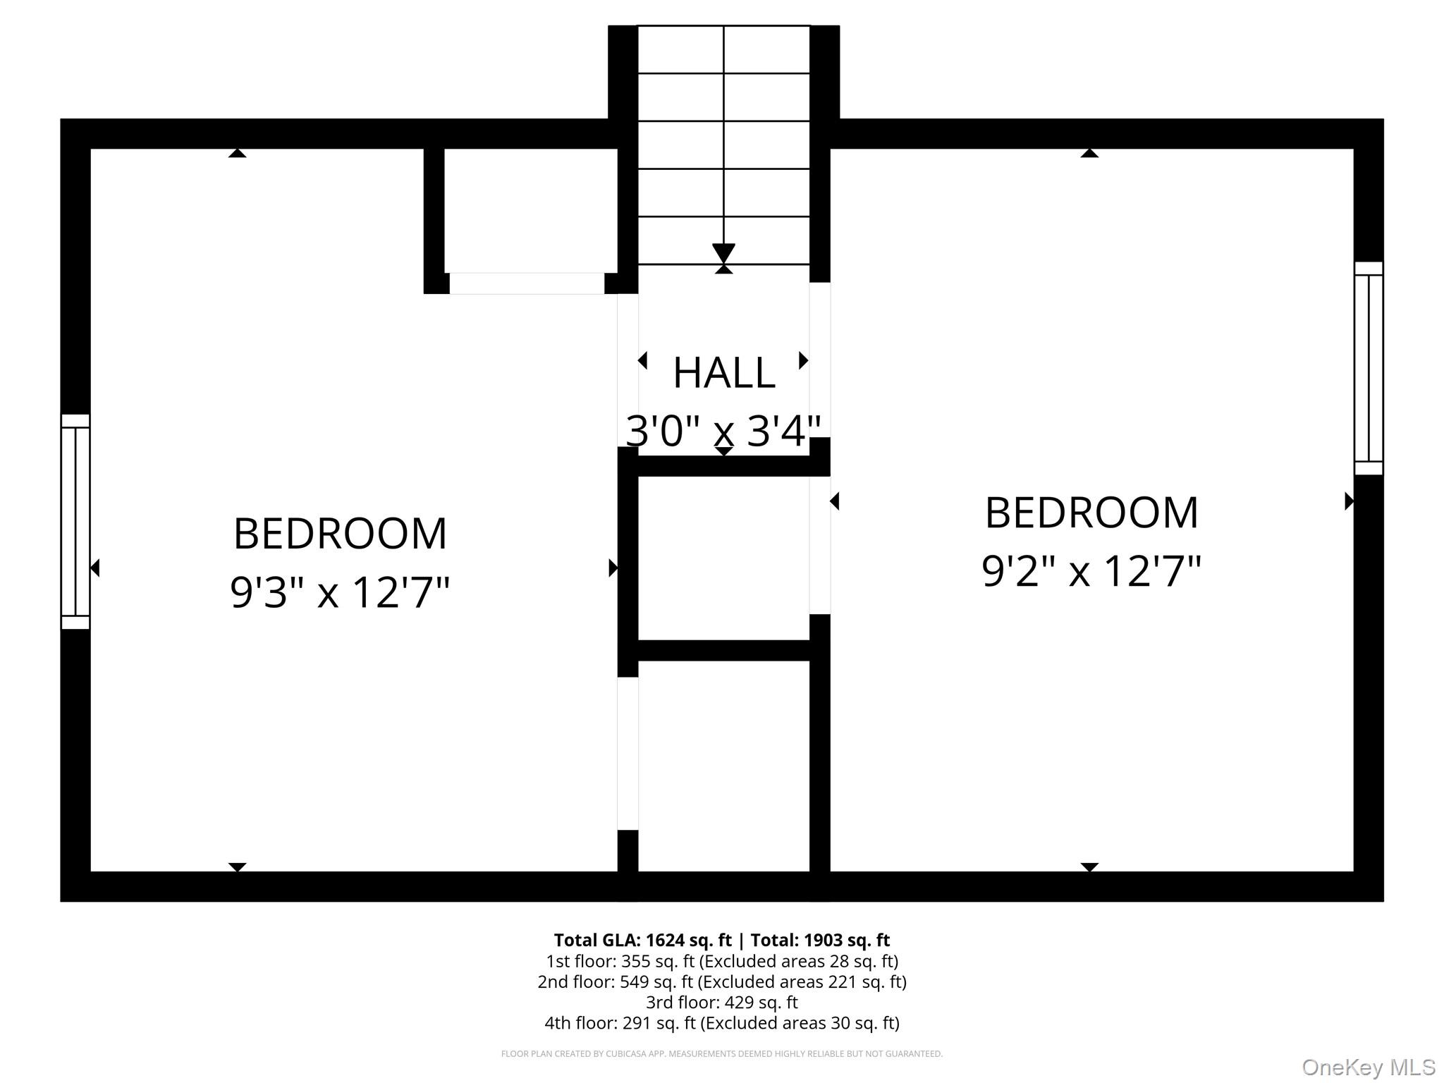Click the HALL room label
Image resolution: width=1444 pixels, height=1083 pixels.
point(724,373)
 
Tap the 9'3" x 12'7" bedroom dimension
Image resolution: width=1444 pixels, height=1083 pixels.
point(340,592)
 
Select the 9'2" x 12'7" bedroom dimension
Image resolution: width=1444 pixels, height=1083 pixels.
point(1091,570)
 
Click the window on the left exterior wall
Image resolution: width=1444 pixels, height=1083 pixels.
point(75,522)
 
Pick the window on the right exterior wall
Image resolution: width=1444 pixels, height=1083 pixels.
point(1369,368)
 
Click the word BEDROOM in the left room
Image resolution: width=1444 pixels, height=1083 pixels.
point(340,534)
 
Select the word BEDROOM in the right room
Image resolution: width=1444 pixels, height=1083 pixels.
point(1091,513)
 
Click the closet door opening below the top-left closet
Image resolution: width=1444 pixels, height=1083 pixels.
point(527,283)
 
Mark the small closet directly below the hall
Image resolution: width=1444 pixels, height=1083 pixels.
point(723,558)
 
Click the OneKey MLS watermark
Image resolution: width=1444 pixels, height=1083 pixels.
point(1369,1067)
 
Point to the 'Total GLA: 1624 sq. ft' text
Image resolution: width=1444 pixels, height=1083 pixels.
point(642,940)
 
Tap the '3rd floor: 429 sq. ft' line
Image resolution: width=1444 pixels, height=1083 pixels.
point(722,1002)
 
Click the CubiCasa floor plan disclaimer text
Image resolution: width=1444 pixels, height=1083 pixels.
point(722,1053)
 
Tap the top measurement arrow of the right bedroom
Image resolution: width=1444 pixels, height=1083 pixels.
point(1089,153)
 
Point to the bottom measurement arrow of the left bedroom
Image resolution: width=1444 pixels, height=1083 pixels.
point(238,867)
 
